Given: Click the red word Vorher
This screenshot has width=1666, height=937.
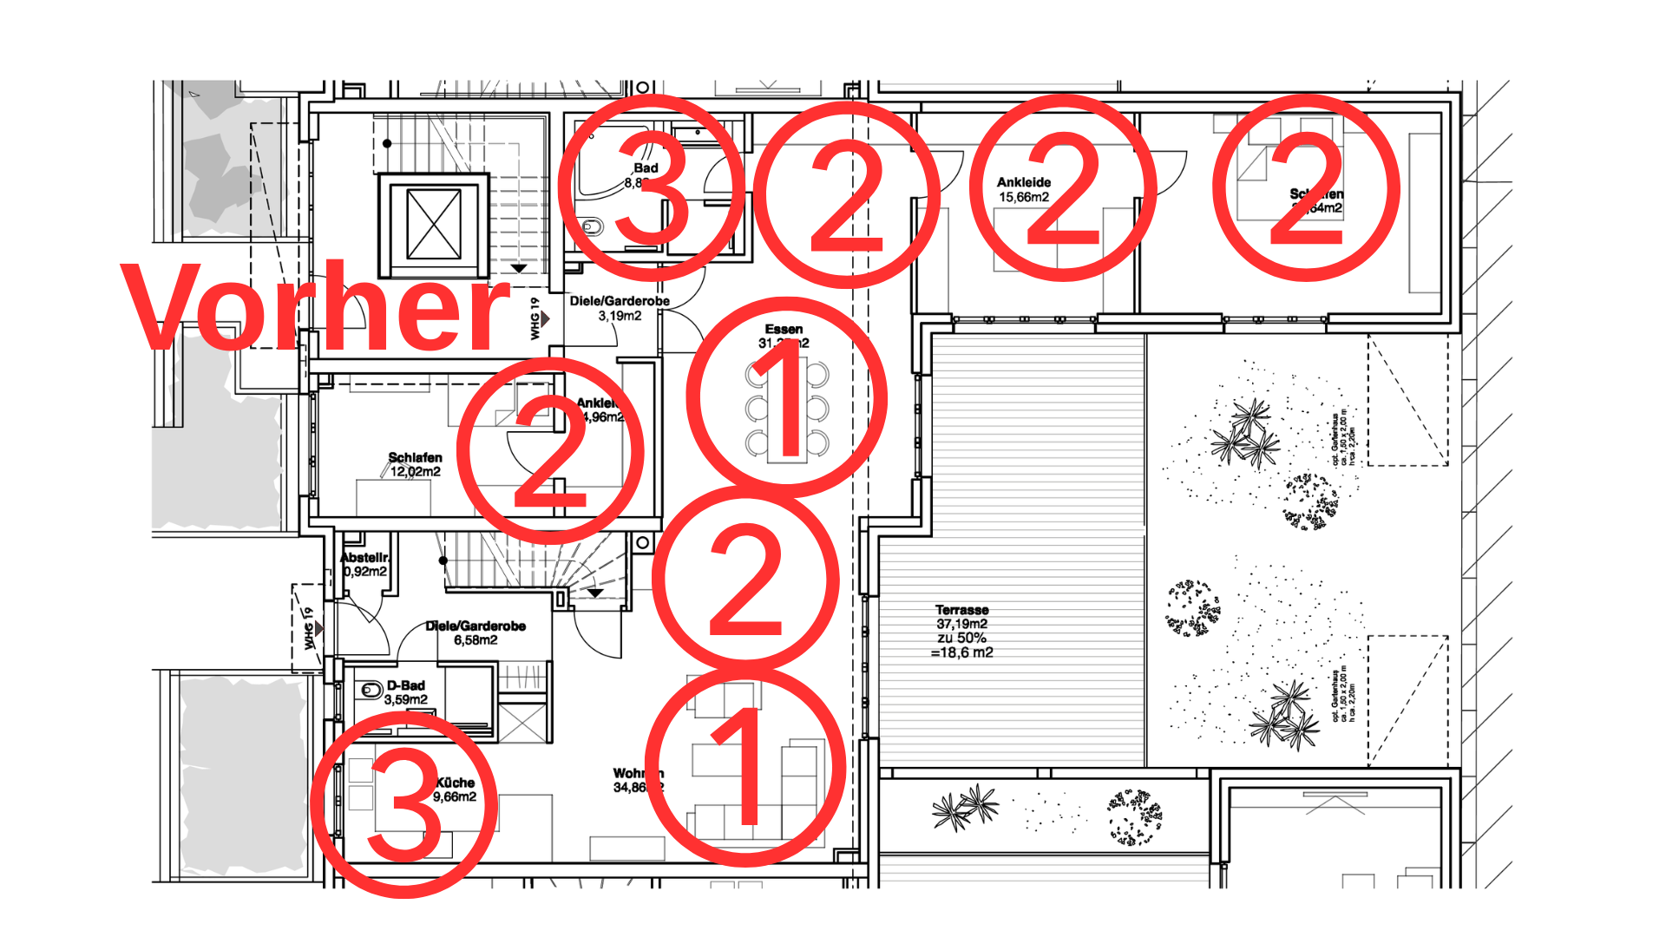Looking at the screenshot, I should click(x=317, y=308).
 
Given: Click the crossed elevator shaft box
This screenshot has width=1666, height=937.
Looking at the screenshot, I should click(x=433, y=224).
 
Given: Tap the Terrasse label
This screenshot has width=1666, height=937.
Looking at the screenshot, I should click(x=961, y=610).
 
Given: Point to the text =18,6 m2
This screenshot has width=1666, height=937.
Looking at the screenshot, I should click(x=961, y=652).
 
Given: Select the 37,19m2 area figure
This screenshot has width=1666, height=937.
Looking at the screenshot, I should click(x=961, y=624).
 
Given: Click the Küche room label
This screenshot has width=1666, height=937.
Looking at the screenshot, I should click(x=456, y=783).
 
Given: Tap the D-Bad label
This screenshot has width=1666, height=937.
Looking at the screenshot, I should click(x=406, y=685).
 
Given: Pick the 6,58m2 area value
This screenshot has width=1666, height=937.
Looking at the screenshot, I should click(x=476, y=640).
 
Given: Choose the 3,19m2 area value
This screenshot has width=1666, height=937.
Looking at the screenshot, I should click(x=620, y=316).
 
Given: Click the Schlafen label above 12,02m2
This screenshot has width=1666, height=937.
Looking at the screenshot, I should click(x=415, y=457).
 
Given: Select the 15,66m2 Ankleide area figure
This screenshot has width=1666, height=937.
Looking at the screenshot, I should click(x=1024, y=197).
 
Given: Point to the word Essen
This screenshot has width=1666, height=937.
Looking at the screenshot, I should click(x=784, y=329).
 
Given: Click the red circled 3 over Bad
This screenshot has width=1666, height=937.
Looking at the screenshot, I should click(x=651, y=188).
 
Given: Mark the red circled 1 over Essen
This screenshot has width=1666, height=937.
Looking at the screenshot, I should click(x=786, y=397).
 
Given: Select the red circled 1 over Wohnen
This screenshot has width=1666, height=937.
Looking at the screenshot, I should click(x=744, y=767).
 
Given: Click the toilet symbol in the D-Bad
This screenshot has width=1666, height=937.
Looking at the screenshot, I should click(x=371, y=691).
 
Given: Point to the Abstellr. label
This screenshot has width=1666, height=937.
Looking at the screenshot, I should click(x=364, y=557).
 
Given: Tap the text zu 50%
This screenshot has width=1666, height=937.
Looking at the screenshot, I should click(x=961, y=638).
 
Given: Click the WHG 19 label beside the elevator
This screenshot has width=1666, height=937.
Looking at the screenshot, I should click(x=535, y=319).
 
